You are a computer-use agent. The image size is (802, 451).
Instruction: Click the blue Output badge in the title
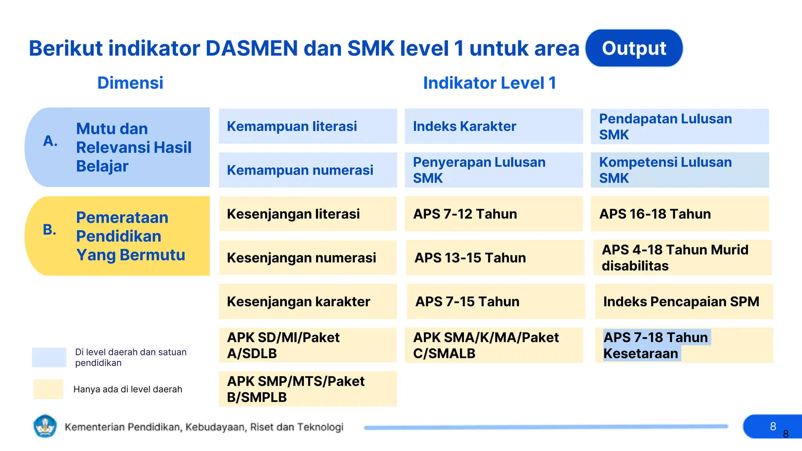[x=634, y=48]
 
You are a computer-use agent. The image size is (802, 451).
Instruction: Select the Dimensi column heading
[x=130, y=83]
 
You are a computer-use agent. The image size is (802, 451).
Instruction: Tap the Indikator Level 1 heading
[x=490, y=83]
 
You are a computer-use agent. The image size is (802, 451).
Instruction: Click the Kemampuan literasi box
[x=307, y=126]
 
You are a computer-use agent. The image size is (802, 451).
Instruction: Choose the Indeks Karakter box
[x=493, y=126]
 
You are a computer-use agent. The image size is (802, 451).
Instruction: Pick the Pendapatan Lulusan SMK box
[x=679, y=126]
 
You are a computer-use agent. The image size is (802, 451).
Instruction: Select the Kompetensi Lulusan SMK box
[x=679, y=170]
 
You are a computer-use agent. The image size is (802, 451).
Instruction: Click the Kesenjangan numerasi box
[x=307, y=258]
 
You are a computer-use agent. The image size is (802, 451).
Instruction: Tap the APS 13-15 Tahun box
[x=495, y=258]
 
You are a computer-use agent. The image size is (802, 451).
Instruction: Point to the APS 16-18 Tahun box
[x=679, y=214]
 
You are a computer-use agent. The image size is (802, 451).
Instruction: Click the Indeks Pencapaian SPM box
[x=684, y=301]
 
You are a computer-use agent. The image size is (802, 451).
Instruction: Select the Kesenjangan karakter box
[x=307, y=301]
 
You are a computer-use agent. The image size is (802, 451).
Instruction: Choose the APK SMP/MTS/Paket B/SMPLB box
[x=307, y=389]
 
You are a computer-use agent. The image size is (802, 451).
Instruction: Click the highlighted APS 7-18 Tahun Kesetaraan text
[x=656, y=345]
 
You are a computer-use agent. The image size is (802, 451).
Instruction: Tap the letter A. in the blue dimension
[x=50, y=141]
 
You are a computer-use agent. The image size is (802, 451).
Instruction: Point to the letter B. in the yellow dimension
[x=50, y=229]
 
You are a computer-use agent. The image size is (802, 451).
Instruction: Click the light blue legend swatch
[x=49, y=357]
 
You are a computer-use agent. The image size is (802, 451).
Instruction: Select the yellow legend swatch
[x=48, y=389]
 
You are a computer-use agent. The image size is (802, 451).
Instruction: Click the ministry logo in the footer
[x=45, y=426]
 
